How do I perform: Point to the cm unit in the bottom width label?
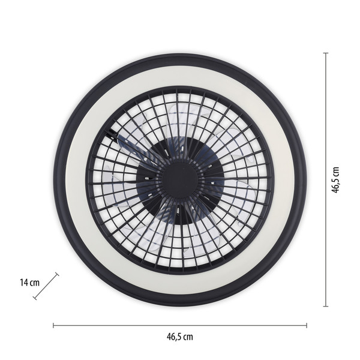188,337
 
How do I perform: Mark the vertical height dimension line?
326,120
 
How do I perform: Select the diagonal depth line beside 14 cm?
46,286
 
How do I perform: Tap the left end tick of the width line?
53,326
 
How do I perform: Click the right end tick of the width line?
307,326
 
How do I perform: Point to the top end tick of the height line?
326,53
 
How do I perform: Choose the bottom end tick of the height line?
326,306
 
